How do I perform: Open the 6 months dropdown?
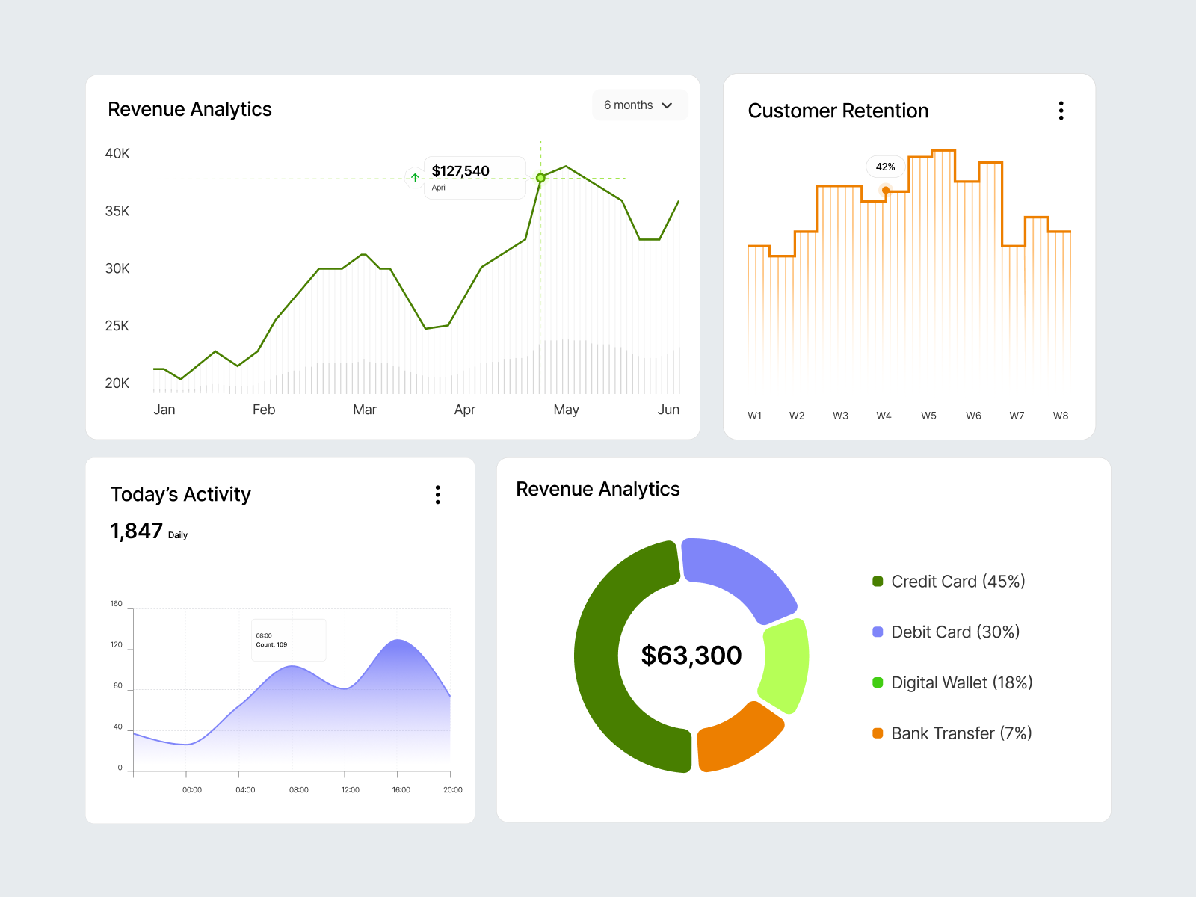[639, 105]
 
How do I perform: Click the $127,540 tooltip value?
[460, 171]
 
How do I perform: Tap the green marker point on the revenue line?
[540, 178]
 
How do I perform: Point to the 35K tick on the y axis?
[117, 211]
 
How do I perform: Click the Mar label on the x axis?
[365, 410]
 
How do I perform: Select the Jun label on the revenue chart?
[668, 410]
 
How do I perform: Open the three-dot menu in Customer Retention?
[1061, 111]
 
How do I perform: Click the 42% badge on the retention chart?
[885, 167]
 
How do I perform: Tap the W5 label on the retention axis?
[928, 416]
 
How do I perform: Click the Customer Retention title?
[838, 111]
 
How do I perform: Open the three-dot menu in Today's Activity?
[438, 494]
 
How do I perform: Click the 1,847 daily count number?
[136, 531]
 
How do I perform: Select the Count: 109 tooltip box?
[289, 640]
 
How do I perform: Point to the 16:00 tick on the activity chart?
[401, 789]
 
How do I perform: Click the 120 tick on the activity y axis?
[117, 644]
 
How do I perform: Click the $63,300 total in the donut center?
[691, 655]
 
